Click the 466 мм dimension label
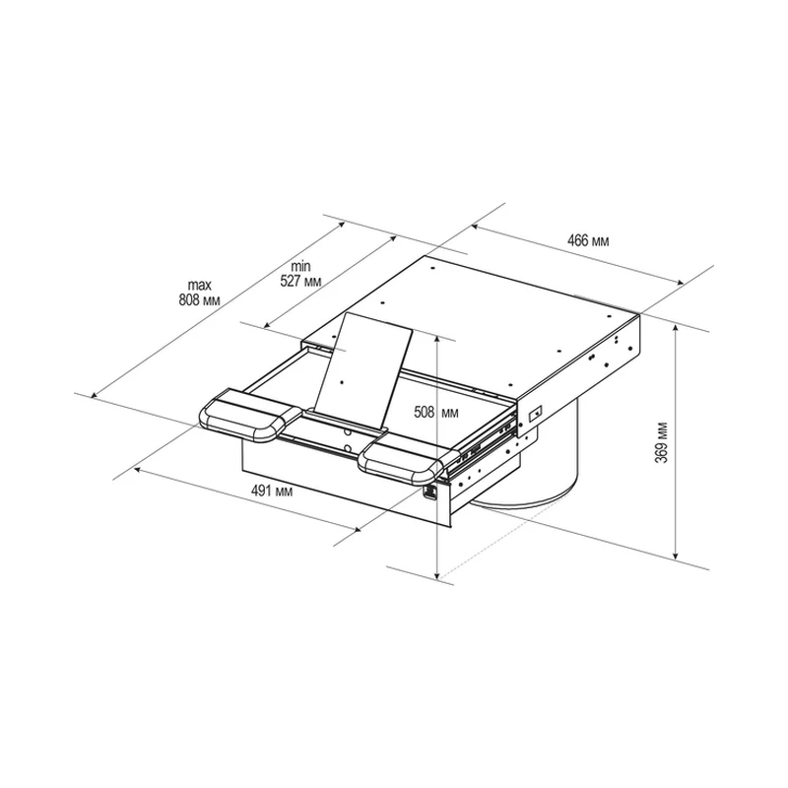click(x=587, y=241)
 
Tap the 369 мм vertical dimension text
click(x=663, y=442)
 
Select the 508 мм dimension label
click(x=436, y=412)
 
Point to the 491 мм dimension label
click(x=272, y=491)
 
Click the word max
click(x=200, y=285)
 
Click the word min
click(x=300, y=266)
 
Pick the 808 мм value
click(x=200, y=300)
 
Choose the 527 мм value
click(x=300, y=281)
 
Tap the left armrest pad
click(x=250, y=416)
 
